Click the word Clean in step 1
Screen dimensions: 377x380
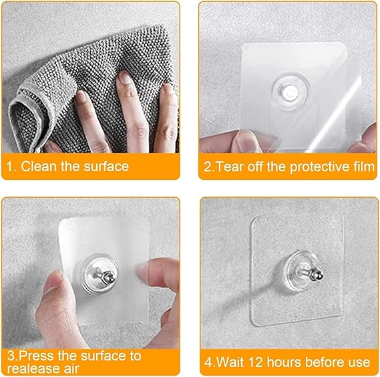(x=37, y=166)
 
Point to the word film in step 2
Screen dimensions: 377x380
(x=361, y=166)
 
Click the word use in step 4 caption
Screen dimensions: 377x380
(x=359, y=362)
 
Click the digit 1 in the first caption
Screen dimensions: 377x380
(x=9, y=166)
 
